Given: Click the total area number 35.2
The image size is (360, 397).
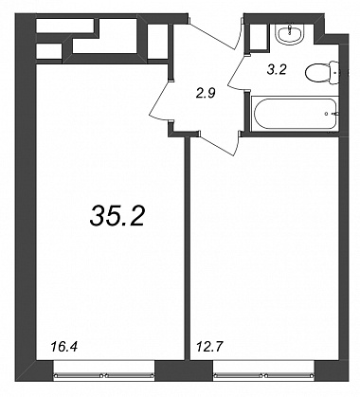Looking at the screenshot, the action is (117, 215).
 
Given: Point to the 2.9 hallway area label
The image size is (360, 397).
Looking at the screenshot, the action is (206, 93).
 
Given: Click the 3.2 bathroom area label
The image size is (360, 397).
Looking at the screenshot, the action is (277, 69).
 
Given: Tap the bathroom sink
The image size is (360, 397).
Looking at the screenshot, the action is (289, 33).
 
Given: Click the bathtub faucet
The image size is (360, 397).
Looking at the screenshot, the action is (333, 114).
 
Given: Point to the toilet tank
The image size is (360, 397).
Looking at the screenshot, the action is (333, 73).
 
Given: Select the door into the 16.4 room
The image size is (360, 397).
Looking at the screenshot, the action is (160, 100).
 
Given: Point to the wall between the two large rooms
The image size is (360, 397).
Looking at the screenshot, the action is (188, 248).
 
